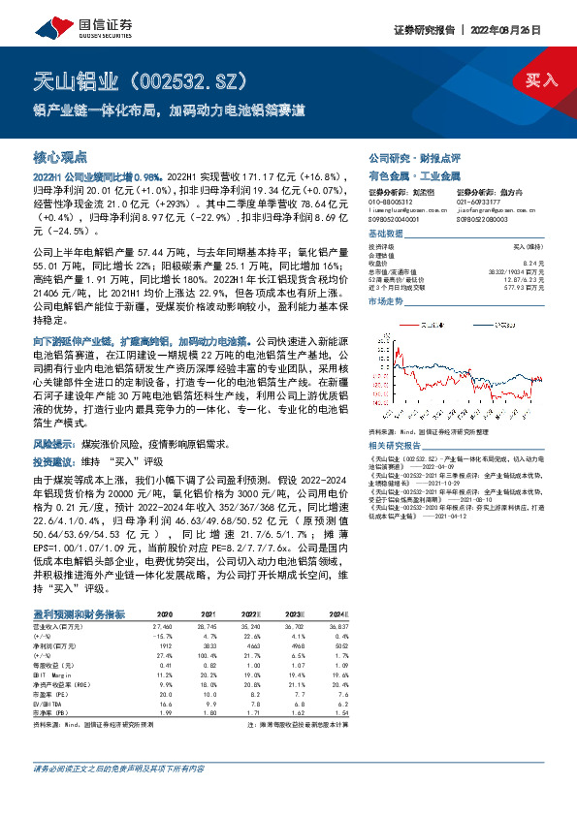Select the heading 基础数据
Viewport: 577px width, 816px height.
point(387,235)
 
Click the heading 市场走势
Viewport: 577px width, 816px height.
point(387,302)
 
